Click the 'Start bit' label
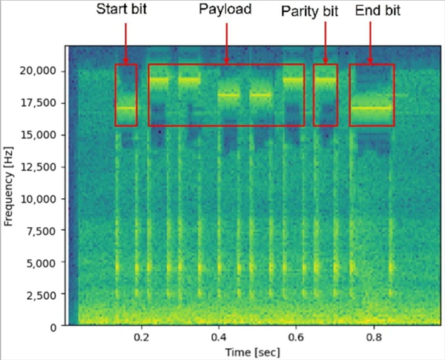[123, 11]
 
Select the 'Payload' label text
[225, 11]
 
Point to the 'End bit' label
[377, 11]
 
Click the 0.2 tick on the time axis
[142, 336]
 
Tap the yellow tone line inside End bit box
[372, 108]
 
